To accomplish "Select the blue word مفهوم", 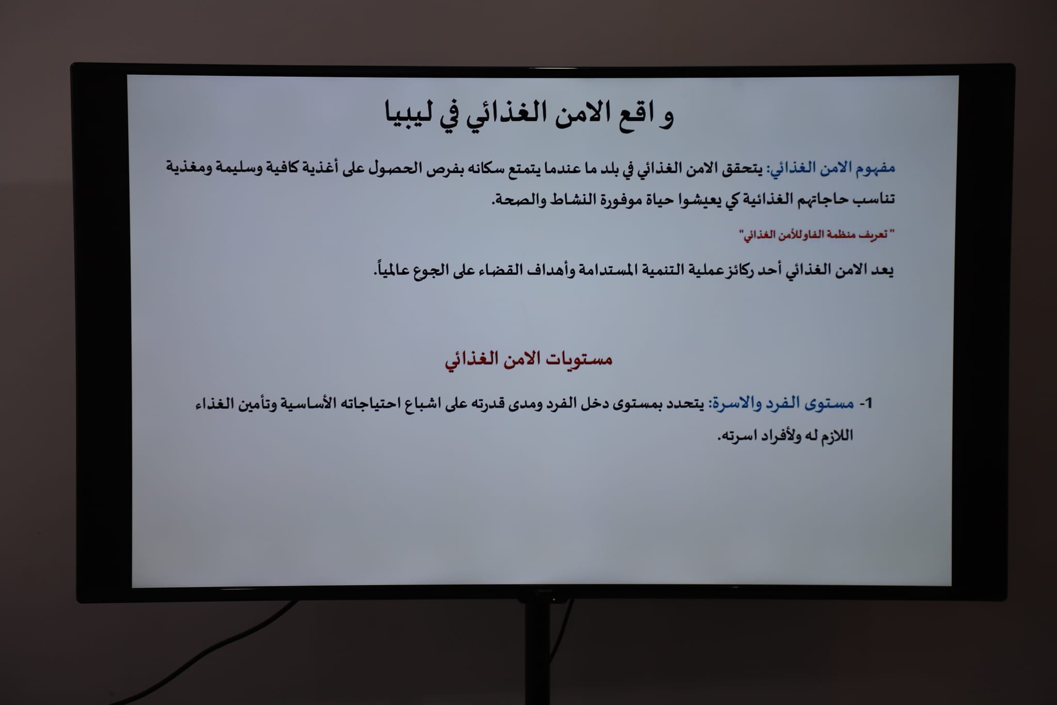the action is coord(874,168).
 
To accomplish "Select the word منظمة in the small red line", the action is coord(841,236).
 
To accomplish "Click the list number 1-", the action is coord(866,403).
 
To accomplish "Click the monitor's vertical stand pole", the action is coord(537,653).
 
